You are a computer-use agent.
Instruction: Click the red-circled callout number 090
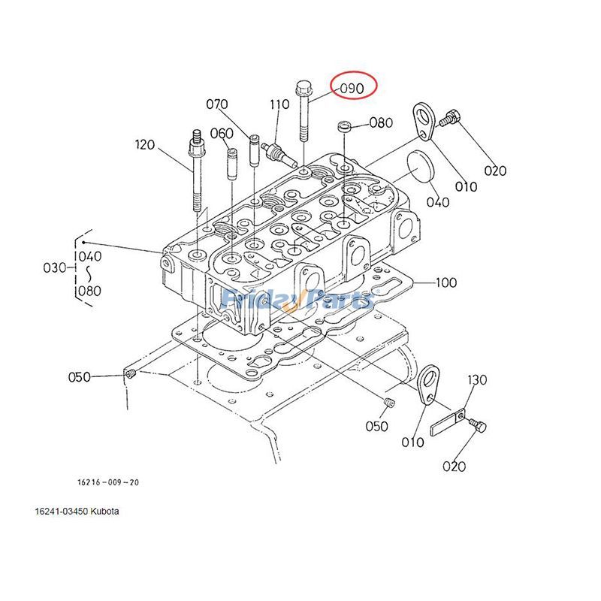tap(352, 88)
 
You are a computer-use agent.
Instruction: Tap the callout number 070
tap(216, 104)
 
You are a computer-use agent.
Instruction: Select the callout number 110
tap(279, 104)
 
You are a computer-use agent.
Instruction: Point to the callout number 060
tap(222, 133)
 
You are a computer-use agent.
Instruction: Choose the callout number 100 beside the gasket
tap(445, 283)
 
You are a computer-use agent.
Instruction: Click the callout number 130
tap(478, 380)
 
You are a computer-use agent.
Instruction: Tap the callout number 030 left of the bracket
tap(55, 268)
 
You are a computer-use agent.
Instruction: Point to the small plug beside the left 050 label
tap(129, 374)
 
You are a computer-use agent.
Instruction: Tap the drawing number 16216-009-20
tap(107, 482)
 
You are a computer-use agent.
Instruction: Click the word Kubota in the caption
tap(104, 512)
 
